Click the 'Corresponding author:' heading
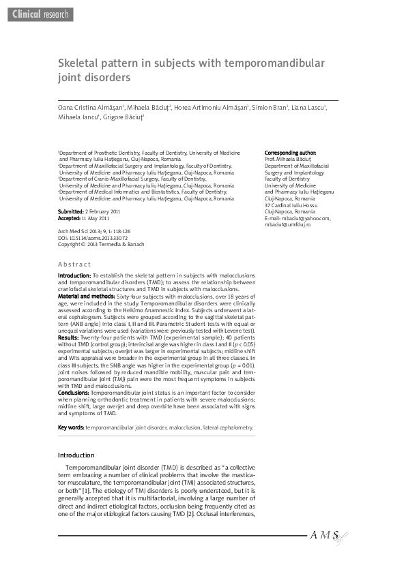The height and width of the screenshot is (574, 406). click(x=290, y=152)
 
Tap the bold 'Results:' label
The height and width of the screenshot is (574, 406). click(x=68, y=337)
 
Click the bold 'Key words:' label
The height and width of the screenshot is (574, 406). click(x=71, y=427)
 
